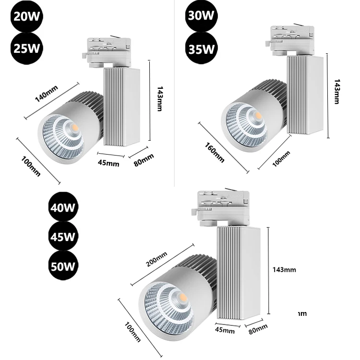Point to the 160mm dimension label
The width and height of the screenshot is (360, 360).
214,153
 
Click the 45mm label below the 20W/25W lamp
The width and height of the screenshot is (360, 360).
109,162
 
